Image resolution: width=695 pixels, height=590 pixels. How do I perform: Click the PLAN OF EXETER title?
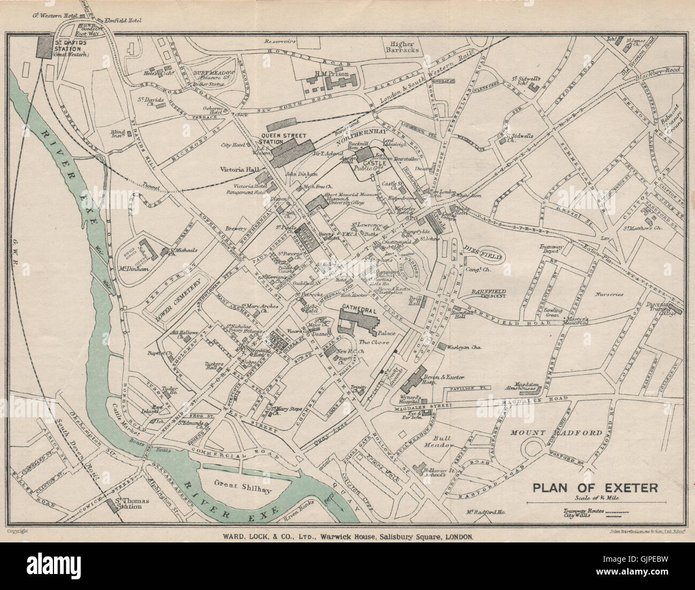(x=594, y=487)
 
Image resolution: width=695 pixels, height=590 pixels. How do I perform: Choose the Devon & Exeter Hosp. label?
(x=444, y=375)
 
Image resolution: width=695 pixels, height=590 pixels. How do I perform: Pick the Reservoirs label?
(x=280, y=41)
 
